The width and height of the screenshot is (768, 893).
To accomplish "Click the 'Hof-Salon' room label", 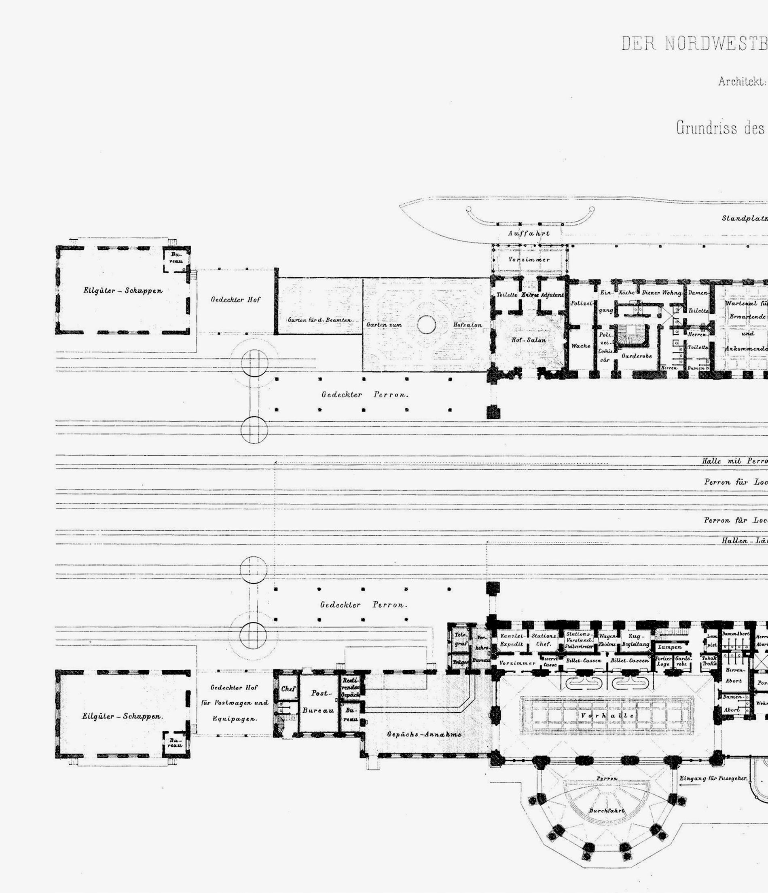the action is pyautogui.click(x=528, y=340).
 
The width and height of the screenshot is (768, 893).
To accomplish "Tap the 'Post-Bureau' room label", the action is pyautogui.click(x=318, y=701).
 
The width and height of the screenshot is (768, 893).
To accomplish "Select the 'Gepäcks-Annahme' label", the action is pyautogui.click(x=424, y=735).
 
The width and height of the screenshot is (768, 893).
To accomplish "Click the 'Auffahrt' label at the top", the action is pyautogui.click(x=529, y=233).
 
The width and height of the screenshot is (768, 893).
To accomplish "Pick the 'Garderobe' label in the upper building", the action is pyautogui.click(x=637, y=356).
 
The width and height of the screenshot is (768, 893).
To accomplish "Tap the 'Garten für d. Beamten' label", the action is pyautogui.click(x=320, y=320).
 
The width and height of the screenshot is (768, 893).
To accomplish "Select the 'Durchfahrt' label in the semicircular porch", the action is pyautogui.click(x=607, y=811).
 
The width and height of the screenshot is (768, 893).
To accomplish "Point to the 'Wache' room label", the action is pyautogui.click(x=580, y=346).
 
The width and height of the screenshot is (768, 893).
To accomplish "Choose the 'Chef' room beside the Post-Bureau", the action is pyautogui.click(x=288, y=689).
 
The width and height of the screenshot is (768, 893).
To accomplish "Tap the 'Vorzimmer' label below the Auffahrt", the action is pyautogui.click(x=529, y=260).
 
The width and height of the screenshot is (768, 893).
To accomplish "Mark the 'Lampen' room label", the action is pyautogui.click(x=669, y=647).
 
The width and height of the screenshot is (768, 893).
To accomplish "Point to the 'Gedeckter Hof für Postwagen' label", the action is pyautogui.click(x=235, y=703).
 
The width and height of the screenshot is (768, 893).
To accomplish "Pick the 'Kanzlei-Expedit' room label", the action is pyautogui.click(x=512, y=640).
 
